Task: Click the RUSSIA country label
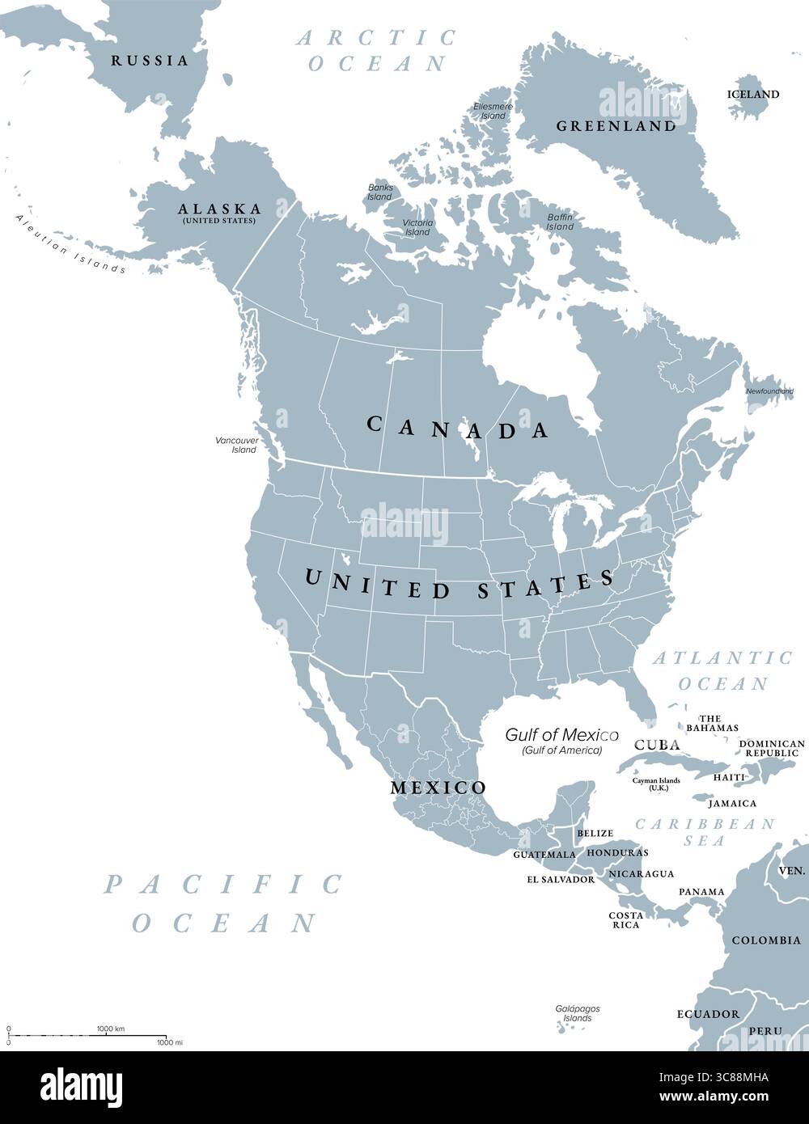(150, 61)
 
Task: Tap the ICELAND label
(753, 94)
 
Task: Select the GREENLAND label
(616, 126)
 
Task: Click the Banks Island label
(380, 192)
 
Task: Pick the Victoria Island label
(417, 227)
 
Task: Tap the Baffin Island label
(560, 222)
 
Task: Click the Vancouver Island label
(236, 445)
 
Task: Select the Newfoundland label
(769, 391)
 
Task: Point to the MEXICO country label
(438, 788)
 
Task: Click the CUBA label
(656, 745)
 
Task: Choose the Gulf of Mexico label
(562, 735)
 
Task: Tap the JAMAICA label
(732, 804)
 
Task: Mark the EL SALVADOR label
(561, 879)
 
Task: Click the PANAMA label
(701, 892)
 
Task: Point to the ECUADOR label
(708, 1014)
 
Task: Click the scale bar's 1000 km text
(111, 1029)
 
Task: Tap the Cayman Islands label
(656, 783)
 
